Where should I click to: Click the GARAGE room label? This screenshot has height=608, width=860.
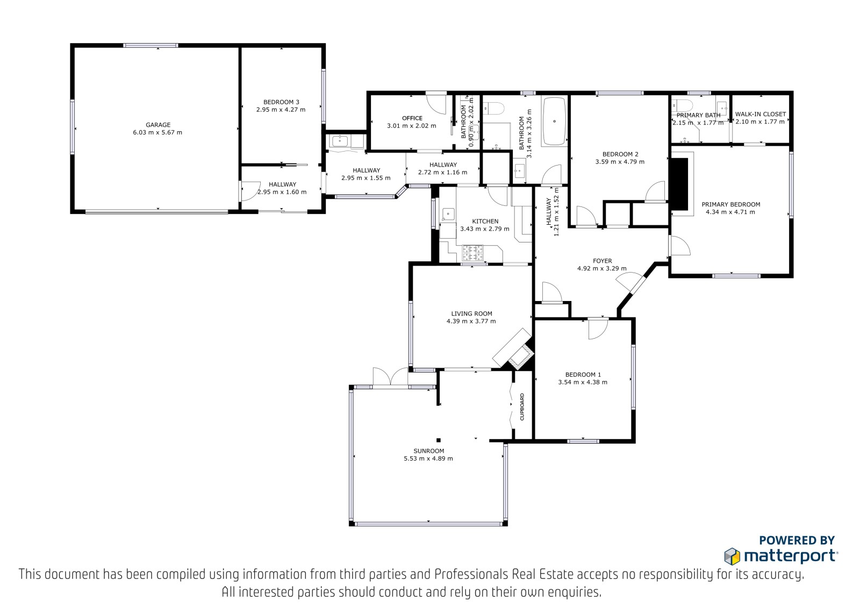pos(158,125)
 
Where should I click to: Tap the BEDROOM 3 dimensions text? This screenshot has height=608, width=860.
pos(281,110)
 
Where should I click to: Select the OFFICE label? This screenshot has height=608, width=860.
pos(412,118)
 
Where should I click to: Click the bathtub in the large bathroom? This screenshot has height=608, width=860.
pos(554,121)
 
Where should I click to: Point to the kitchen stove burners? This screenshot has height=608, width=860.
pos(472,253)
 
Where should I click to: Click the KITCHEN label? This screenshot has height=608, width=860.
pos(485,221)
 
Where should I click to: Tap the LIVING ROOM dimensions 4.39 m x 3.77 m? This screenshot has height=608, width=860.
pos(471,321)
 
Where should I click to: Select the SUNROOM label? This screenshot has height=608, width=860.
pos(429,451)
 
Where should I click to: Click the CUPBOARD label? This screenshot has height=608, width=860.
pos(522,407)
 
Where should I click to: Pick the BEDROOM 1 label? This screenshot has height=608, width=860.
pos(583,375)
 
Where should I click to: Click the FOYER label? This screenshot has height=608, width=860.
pos(602,261)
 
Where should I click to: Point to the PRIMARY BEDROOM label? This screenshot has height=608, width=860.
pos(731,204)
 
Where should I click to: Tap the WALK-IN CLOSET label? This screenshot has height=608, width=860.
pos(761,114)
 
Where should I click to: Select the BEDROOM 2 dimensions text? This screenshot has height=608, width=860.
pos(620,162)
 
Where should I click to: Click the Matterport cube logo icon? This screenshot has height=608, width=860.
pos(732,556)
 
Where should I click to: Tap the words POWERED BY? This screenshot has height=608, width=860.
pos(797,540)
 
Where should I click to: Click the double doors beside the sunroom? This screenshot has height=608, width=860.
pos(390,377)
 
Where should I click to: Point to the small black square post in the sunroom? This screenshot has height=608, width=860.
pos(439,440)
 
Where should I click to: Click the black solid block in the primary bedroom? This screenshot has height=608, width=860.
pos(679,184)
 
